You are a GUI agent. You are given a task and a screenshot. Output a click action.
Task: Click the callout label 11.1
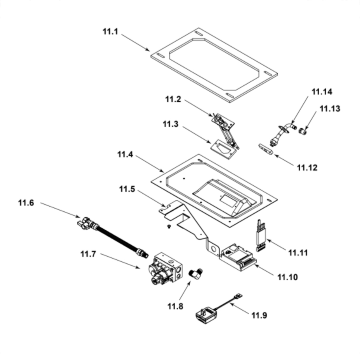click(110, 31)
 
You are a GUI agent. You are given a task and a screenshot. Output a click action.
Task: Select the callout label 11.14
click(322, 92)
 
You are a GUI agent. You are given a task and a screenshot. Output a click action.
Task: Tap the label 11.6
click(26, 203)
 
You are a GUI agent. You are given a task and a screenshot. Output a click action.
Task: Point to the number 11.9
click(259, 316)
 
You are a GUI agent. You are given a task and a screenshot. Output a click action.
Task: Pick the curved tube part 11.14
click(283, 132)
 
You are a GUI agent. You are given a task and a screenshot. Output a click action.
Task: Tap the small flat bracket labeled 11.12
click(266, 149)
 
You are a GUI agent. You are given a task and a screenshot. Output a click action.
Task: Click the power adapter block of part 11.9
click(206, 316)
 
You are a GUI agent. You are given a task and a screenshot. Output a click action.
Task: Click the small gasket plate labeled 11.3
click(223, 148)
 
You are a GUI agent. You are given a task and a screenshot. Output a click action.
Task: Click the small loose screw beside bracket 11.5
click(168, 226)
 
